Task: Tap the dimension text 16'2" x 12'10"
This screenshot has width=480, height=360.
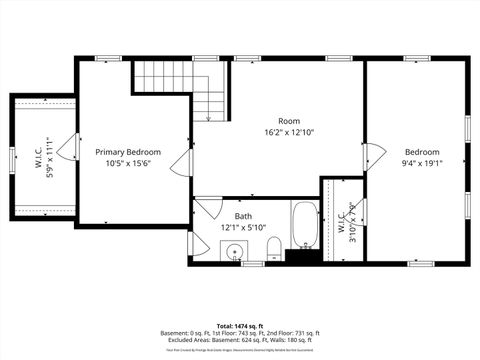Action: click(288, 132)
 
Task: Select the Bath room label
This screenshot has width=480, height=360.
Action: click(243, 216)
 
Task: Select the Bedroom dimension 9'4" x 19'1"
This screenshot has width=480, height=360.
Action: click(421, 163)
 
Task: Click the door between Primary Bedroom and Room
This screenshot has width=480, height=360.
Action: click(183, 164)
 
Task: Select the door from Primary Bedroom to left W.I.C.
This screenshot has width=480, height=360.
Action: click(68, 148)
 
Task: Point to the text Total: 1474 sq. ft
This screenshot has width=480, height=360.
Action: click(240, 326)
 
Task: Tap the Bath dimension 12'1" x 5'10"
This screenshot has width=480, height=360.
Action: click(243, 227)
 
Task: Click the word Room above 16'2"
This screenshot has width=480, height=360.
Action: click(288, 121)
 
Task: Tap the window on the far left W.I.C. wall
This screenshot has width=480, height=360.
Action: click(11, 158)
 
